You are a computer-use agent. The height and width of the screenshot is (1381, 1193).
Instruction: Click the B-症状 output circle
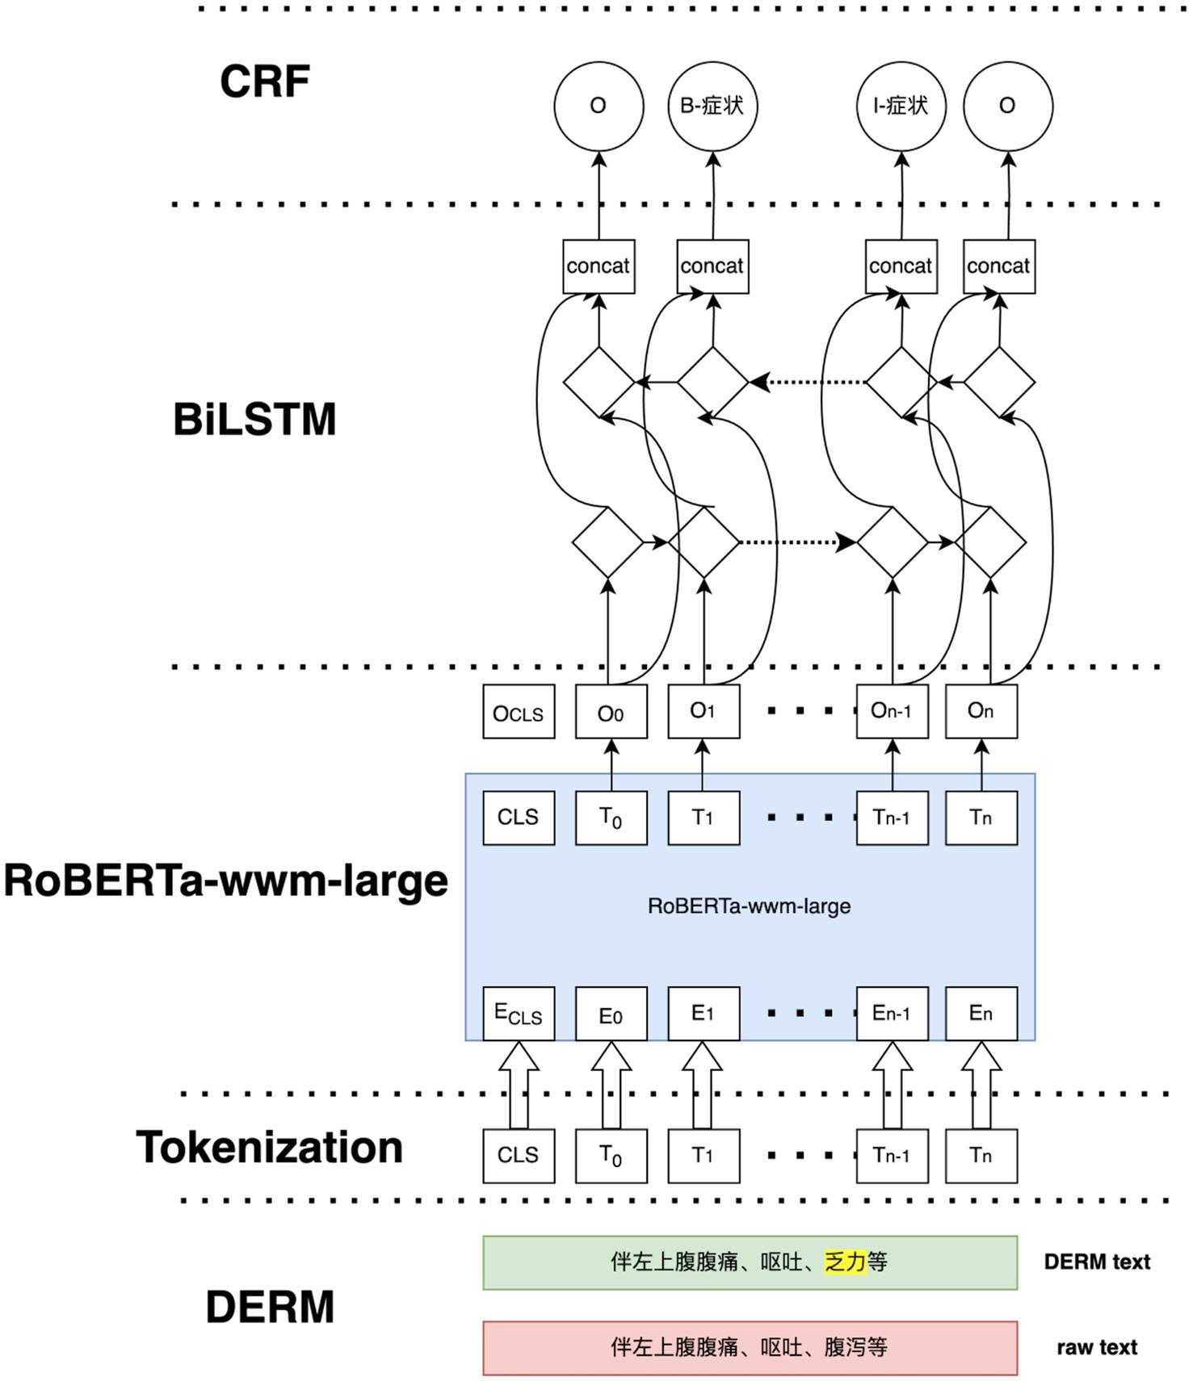(x=712, y=106)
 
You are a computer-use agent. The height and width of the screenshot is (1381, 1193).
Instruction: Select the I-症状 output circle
(x=901, y=106)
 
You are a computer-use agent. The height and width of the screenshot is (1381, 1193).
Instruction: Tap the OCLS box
(x=519, y=711)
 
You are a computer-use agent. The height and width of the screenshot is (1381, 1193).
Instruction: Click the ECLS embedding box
(x=519, y=1014)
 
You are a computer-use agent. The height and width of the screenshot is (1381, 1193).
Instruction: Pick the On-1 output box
(x=892, y=711)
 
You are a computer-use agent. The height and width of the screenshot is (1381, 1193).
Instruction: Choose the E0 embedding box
(x=611, y=1014)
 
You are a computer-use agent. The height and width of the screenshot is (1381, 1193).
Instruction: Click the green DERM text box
(x=750, y=1262)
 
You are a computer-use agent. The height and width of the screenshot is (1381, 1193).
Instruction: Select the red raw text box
(x=750, y=1347)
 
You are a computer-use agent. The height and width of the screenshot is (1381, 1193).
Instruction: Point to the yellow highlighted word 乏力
(x=845, y=1262)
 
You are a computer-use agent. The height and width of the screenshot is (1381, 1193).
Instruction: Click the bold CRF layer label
(x=265, y=82)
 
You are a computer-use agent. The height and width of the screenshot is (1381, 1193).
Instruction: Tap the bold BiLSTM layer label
(x=254, y=420)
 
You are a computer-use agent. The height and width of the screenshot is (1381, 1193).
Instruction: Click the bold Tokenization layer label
(x=269, y=1147)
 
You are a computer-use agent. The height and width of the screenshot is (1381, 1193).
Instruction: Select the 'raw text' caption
(x=1096, y=1347)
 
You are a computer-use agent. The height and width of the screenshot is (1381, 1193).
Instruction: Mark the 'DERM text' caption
(x=1096, y=1262)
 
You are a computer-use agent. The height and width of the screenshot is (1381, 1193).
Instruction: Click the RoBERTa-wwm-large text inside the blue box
(x=749, y=906)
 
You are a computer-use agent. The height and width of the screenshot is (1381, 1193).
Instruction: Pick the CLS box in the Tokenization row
(x=519, y=1155)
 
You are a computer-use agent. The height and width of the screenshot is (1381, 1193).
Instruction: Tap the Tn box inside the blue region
(x=981, y=818)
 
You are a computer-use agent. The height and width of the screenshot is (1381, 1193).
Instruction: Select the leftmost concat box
(x=599, y=266)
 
